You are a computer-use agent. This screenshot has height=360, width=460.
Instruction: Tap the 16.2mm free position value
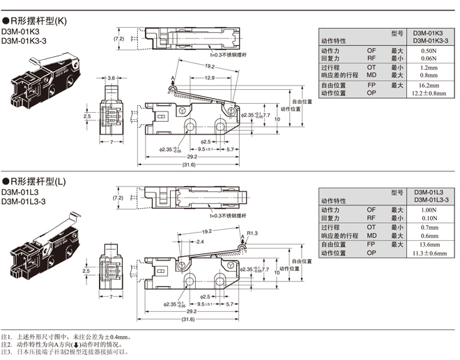(429, 85)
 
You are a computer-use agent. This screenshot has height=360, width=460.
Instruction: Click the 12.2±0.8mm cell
(429, 93)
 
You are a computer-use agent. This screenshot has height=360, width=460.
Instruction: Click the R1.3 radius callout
(252, 233)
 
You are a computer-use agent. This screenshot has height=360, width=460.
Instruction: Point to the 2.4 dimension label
(200, 242)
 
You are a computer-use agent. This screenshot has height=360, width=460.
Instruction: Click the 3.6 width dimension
(112, 79)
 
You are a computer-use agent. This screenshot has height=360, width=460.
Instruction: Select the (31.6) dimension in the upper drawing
(189, 164)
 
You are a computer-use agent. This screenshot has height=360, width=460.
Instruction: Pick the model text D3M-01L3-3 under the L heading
(24, 202)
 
